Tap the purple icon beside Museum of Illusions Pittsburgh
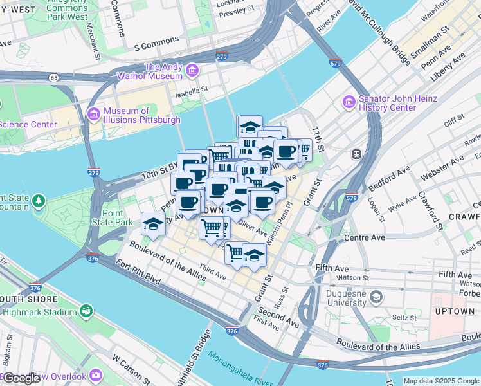93,114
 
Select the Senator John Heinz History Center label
397,103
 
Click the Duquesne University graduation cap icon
376,297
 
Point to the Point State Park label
113,217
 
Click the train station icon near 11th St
355,154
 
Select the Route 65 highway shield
52,77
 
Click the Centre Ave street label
365,237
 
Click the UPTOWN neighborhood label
455,311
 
